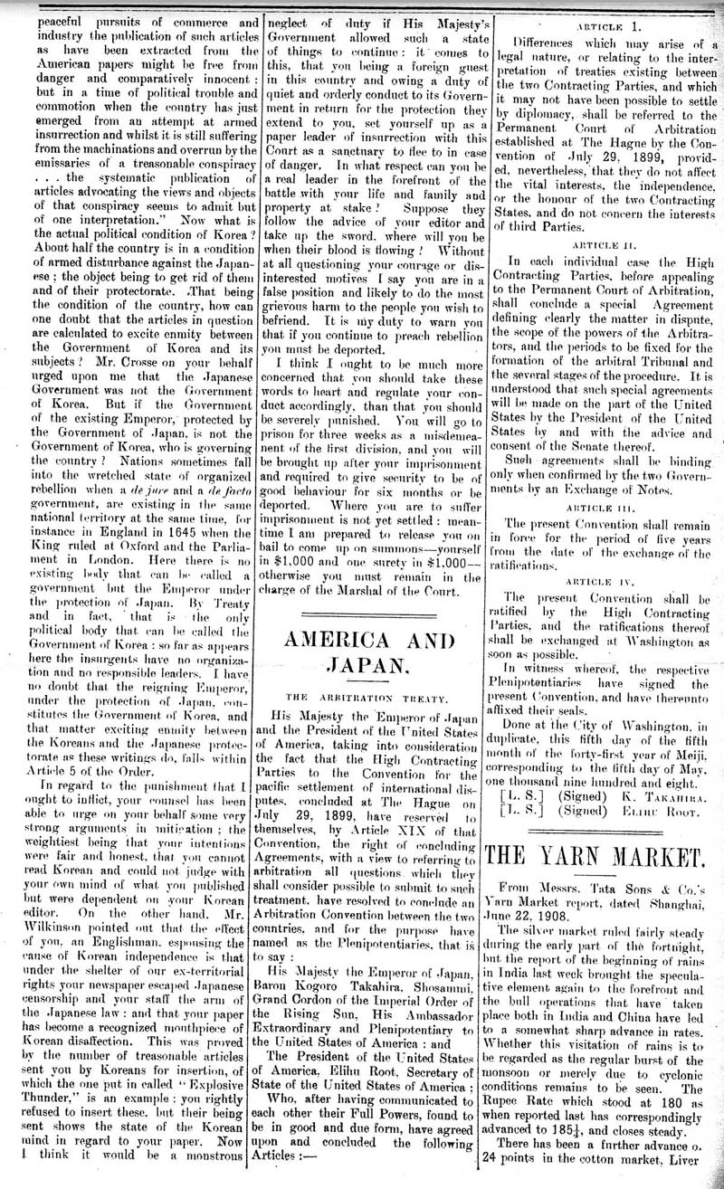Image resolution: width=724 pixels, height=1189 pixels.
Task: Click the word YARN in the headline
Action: pos(584,855)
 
